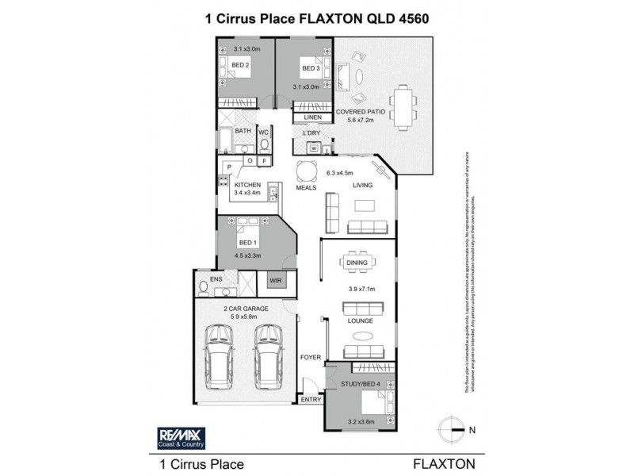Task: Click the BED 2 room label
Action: [x=240, y=65]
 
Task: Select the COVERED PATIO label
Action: [x=361, y=112]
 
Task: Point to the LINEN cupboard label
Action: [x=312, y=117]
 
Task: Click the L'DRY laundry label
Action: [x=311, y=132]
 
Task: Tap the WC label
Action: [x=264, y=132]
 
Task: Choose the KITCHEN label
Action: [x=247, y=184]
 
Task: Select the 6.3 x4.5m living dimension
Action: [x=339, y=172]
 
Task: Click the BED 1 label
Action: [x=248, y=242]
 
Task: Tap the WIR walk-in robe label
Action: [x=277, y=281]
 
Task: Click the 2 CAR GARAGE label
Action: [x=244, y=309]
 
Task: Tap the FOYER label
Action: [x=310, y=357]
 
